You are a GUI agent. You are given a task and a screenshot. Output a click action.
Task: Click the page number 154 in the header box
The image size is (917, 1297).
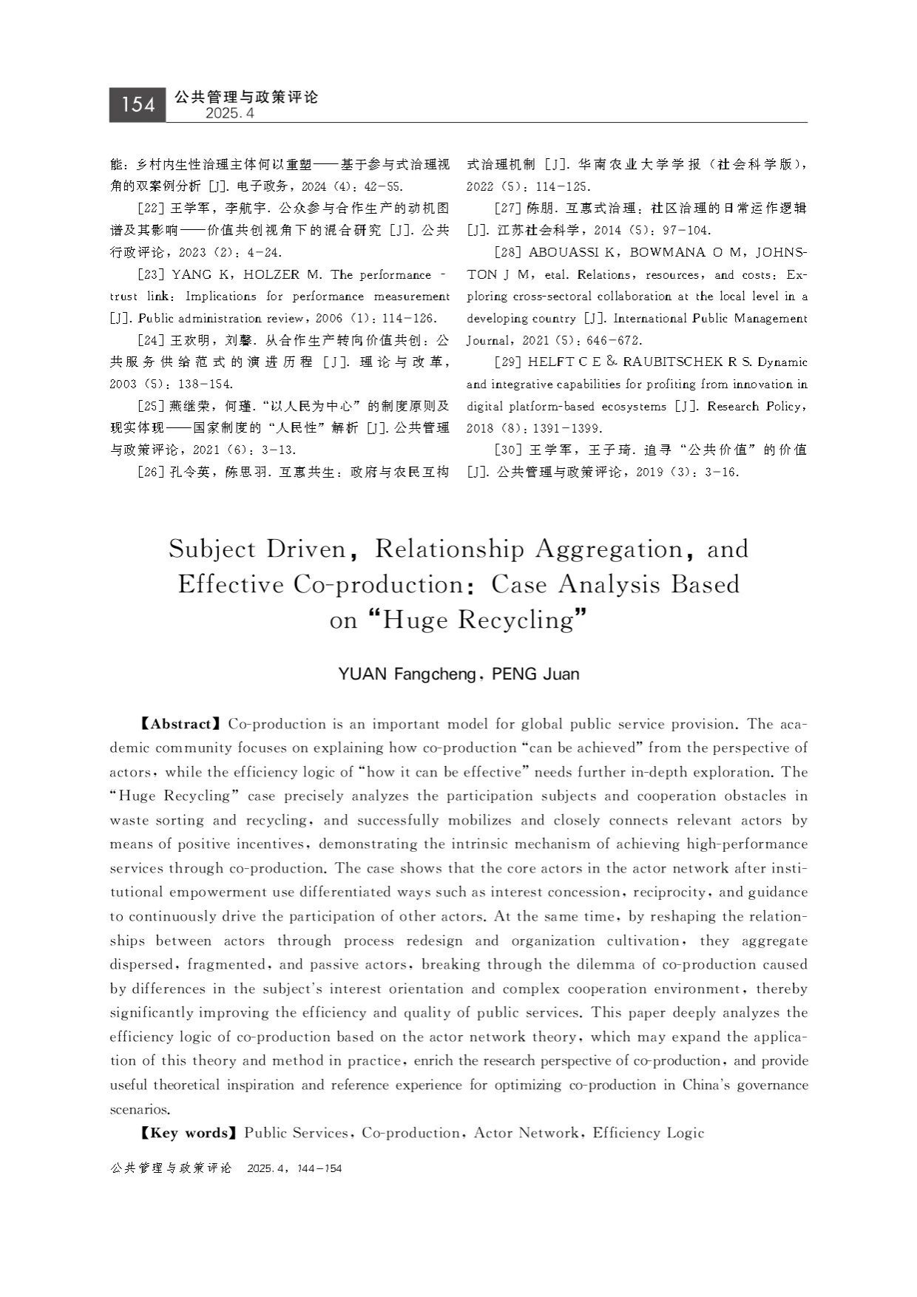tap(138, 105)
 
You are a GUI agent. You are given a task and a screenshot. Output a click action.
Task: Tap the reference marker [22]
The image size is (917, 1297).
tap(152, 209)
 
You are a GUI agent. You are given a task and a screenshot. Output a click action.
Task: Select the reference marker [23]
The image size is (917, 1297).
tap(152, 275)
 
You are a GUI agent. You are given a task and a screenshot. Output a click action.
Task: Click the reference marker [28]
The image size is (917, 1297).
tap(509, 253)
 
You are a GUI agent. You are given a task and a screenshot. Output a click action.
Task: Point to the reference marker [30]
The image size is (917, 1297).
tap(509, 450)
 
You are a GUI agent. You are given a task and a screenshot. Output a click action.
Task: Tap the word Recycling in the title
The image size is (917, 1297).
tap(515, 620)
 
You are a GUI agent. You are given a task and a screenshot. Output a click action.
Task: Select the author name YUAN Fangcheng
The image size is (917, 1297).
tap(406, 674)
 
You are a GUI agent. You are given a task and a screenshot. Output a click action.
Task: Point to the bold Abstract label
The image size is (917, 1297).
tap(180, 724)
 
